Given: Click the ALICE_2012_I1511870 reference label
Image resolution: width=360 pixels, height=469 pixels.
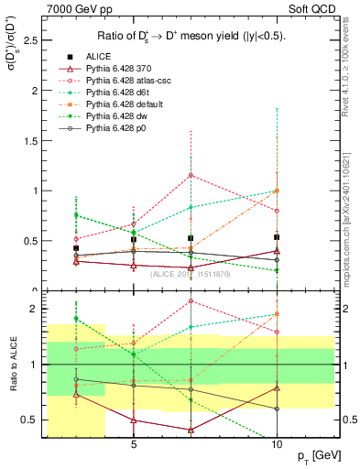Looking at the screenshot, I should [190, 274].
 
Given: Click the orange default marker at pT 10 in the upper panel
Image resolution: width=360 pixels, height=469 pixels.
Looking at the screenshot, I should [277, 191].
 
